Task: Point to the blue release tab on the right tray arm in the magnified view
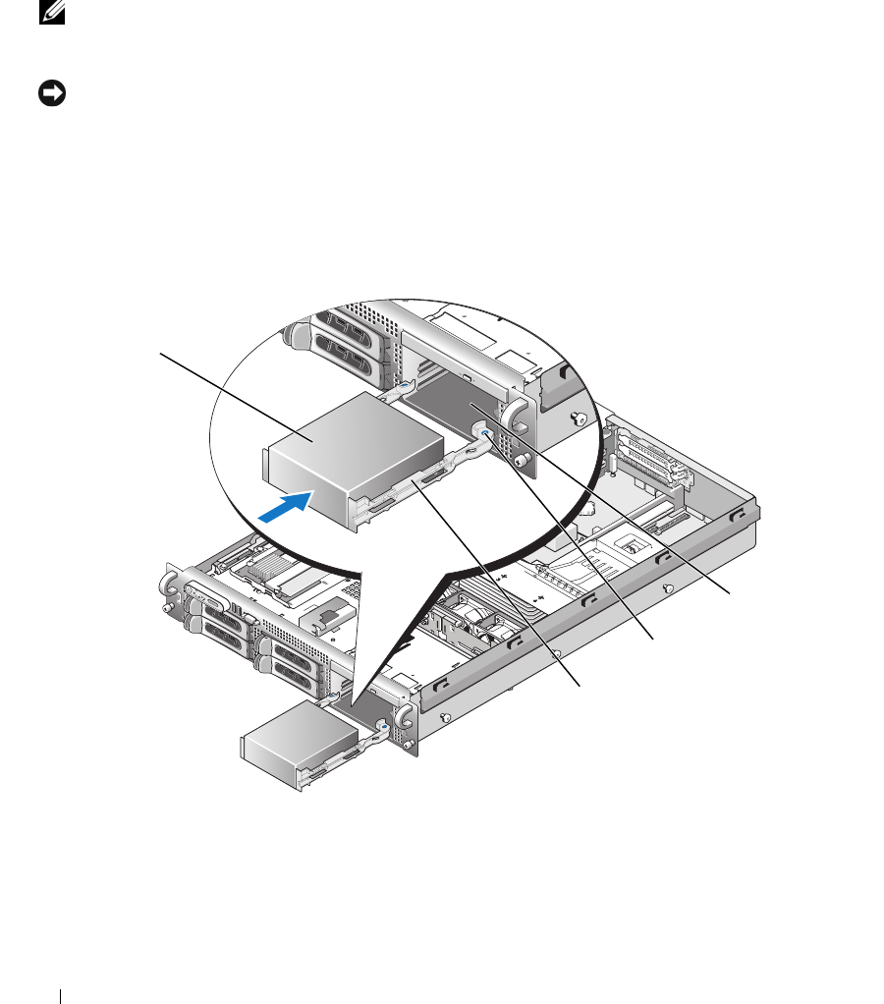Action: [483, 433]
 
